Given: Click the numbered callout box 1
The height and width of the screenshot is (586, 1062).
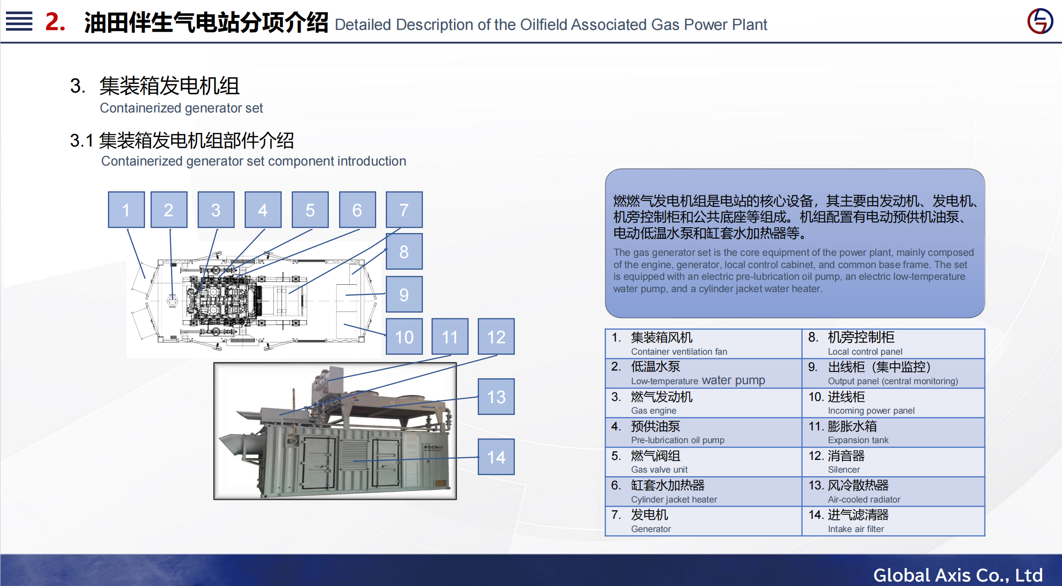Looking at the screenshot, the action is [x=126, y=210].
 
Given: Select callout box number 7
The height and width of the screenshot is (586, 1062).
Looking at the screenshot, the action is [x=404, y=210].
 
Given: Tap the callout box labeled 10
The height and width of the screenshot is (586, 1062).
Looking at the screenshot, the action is [x=404, y=337].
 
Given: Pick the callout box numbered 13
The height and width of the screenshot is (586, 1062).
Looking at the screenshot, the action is [x=496, y=397].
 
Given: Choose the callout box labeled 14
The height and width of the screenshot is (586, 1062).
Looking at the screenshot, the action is [x=496, y=457].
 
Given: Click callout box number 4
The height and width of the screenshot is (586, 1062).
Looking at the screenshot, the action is [x=263, y=210].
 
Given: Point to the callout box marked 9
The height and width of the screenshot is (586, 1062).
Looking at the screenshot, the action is [x=404, y=294].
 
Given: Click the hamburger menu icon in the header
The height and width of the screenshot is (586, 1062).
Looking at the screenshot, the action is [x=19, y=21].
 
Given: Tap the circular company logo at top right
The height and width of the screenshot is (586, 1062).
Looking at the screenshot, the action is [x=1040, y=21].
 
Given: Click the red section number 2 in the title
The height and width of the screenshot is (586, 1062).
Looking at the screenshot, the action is [x=55, y=22].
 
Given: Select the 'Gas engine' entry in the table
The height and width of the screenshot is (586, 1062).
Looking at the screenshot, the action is [x=653, y=410].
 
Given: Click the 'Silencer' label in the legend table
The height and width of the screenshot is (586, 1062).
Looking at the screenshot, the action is [x=843, y=469].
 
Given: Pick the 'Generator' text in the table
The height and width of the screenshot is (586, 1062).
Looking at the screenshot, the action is [x=651, y=529].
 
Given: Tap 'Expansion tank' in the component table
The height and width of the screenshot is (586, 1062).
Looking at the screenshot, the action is [x=858, y=440].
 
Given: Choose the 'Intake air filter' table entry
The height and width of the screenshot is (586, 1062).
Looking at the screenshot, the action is [x=856, y=529].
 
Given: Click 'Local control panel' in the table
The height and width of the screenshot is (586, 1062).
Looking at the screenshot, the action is [x=865, y=352].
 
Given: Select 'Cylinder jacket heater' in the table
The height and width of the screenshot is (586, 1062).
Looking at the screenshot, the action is [x=674, y=499].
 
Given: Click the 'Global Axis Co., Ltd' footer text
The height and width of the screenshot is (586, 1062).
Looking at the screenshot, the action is [x=958, y=575].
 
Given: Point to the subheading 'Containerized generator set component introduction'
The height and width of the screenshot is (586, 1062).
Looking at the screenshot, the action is [x=253, y=161].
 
